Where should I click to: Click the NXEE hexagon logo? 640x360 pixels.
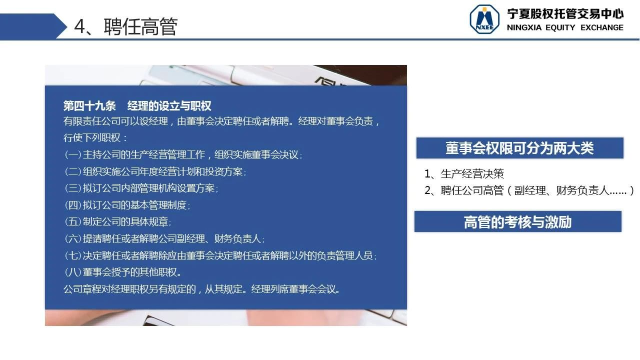click(x=484, y=19)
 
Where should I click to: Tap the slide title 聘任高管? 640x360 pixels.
click(x=140, y=26)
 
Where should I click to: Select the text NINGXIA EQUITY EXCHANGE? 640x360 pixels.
click(x=565, y=27)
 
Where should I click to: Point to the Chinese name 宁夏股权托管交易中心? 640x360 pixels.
click(x=565, y=13)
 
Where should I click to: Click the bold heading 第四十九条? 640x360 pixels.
click(x=89, y=106)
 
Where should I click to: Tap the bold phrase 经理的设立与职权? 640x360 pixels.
click(x=169, y=106)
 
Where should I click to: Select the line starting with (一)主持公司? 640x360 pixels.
click(x=183, y=155)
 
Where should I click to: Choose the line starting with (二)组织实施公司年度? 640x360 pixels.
click(x=155, y=171)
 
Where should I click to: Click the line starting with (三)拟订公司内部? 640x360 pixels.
click(x=141, y=188)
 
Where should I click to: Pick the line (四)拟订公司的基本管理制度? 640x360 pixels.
click(x=127, y=205)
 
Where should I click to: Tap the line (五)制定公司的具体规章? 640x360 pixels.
click(x=117, y=221)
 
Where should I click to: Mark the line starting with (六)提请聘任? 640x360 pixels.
click(x=164, y=238)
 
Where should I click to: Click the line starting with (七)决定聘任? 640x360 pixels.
click(x=220, y=255)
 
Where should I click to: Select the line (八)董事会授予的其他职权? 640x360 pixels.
click(x=122, y=272)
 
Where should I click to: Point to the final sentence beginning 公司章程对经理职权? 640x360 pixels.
click(x=201, y=289)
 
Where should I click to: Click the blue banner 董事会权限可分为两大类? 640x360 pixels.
click(x=519, y=148)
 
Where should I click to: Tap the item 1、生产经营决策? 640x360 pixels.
click(x=464, y=173)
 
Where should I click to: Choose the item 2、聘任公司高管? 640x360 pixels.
click(x=529, y=190)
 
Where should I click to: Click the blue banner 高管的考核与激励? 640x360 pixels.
click(x=517, y=221)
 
